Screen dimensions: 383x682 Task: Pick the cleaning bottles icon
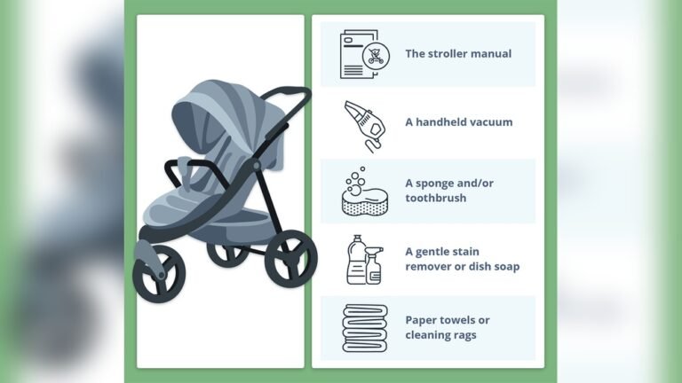363,260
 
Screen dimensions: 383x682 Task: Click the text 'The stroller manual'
458,54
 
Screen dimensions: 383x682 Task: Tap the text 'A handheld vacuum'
459,122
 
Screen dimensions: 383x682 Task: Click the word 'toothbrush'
436,199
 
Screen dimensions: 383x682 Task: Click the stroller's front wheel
158,272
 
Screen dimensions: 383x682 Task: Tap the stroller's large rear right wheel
290,258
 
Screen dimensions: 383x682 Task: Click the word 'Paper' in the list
421,320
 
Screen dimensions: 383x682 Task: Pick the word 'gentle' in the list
436,252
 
